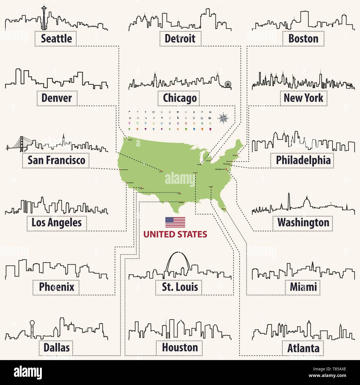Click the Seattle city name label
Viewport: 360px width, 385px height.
pos(56,38)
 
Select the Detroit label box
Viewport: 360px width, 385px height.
pos(180,38)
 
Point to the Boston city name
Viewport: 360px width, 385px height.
pos(303,38)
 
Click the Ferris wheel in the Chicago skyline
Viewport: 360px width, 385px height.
pos(228,84)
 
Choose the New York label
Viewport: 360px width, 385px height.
pos(303,98)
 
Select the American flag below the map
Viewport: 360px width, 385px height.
pos(175,222)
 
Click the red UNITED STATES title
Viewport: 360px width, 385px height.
pos(175,234)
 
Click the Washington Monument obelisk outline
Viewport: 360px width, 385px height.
pos(289,200)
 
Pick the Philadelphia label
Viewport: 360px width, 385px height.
pos(303,160)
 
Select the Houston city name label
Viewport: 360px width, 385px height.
pos(180,347)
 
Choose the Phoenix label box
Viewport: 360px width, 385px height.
pos(56,287)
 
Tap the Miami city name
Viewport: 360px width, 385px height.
pos(303,287)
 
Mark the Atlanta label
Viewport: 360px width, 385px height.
pos(303,348)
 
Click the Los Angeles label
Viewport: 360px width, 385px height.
pos(56,222)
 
